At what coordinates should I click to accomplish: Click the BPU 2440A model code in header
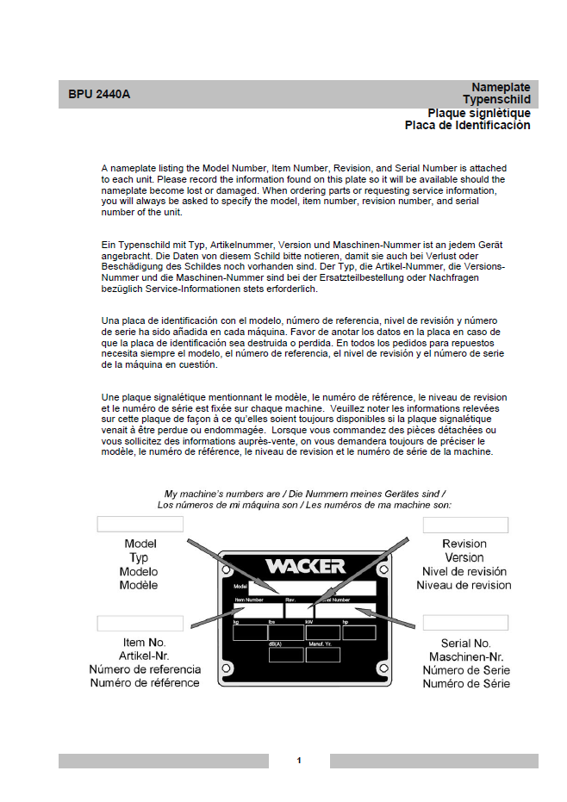click(x=100, y=94)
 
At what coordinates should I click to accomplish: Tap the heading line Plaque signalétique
click(x=479, y=113)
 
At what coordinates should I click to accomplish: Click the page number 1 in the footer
click(x=299, y=761)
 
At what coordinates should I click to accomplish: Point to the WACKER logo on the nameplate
click(x=305, y=566)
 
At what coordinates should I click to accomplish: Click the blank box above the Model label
click(x=140, y=524)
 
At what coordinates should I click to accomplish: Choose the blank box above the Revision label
click(x=464, y=525)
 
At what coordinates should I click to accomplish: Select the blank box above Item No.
click(x=140, y=623)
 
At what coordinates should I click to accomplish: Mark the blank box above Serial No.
click(x=464, y=623)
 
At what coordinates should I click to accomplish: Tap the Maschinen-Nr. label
click(x=465, y=656)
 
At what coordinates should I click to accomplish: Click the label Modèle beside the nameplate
click(x=140, y=586)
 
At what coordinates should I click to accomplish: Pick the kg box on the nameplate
click(x=250, y=632)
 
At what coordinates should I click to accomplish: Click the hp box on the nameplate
click(x=358, y=632)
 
